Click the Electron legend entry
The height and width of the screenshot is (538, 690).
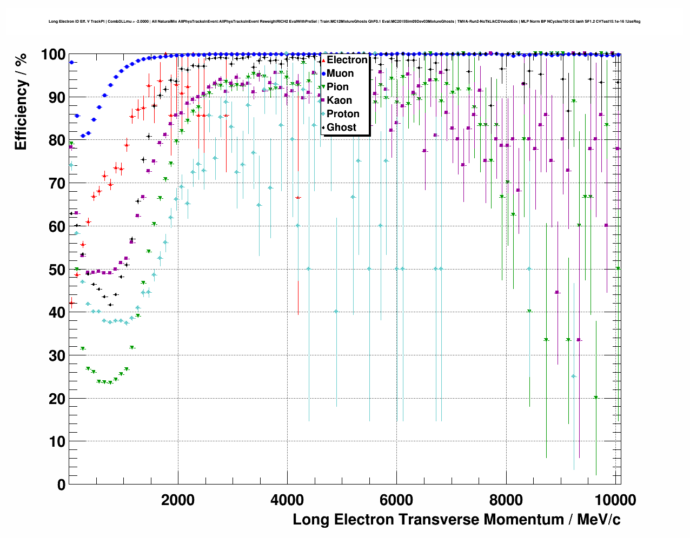pos(347,60)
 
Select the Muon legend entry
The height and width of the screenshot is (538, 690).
pos(340,73)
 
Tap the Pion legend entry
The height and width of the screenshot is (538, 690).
pos(337,87)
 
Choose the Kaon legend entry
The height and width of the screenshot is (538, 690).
pos(339,100)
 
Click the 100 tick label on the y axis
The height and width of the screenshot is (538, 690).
pos(53,55)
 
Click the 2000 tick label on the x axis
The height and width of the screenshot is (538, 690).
pos(178,500)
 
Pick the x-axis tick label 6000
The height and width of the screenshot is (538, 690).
pos(396,500)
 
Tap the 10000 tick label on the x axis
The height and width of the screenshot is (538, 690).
pos(615,500)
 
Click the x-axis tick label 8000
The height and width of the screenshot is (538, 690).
pos(506,500)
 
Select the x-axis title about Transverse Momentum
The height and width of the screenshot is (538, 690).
pos(456,520)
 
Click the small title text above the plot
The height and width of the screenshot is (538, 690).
pos(344,22)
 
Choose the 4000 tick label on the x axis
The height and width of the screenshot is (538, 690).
pos(287,500)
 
